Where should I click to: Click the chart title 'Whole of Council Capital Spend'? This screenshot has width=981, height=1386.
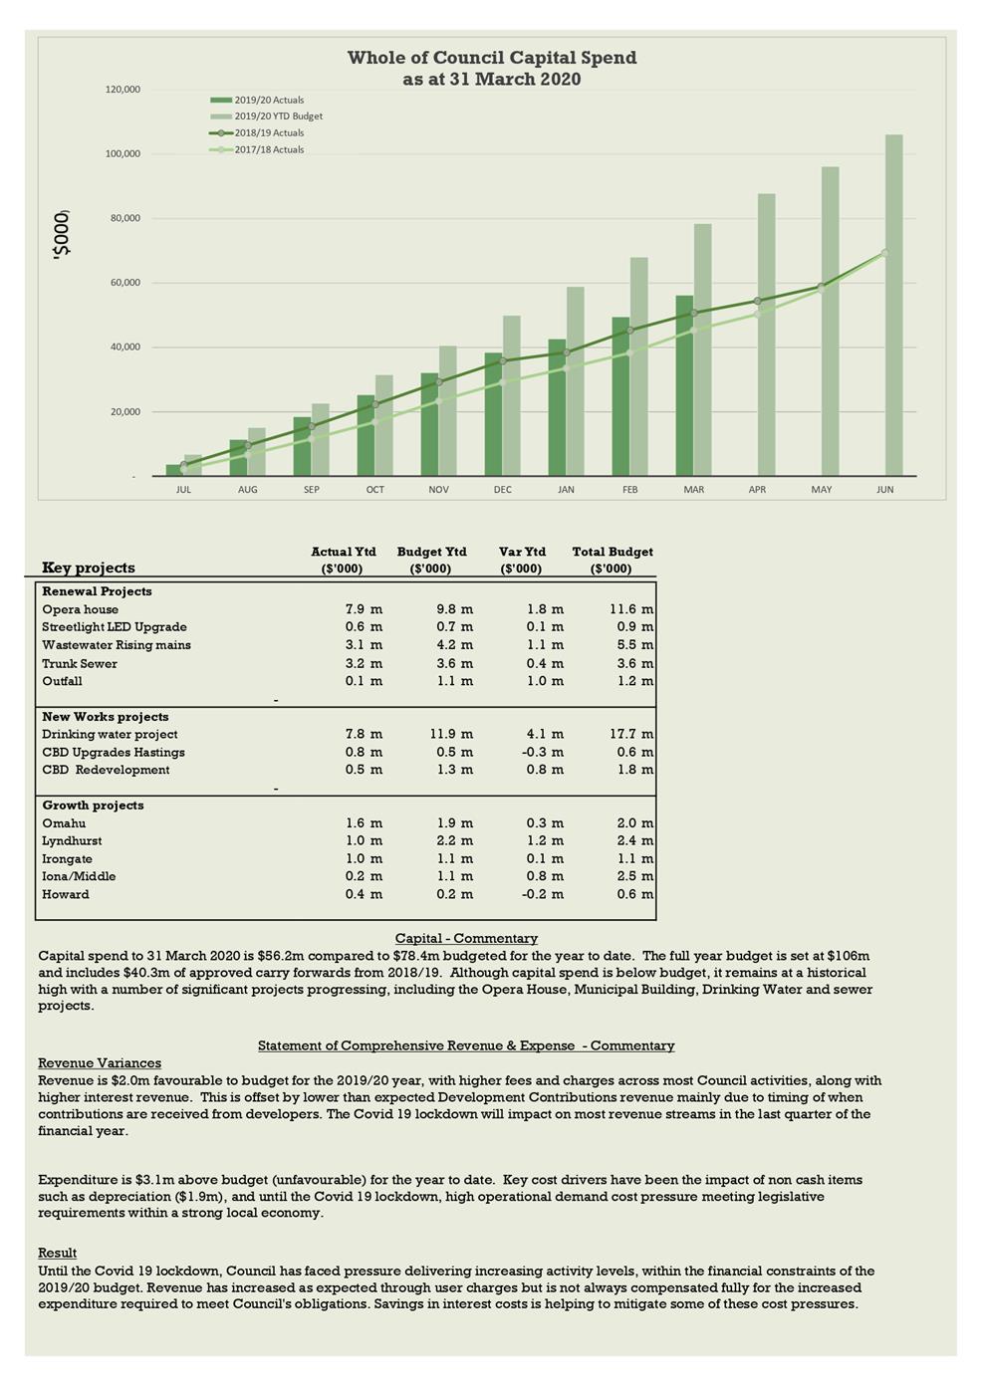click(492, 58)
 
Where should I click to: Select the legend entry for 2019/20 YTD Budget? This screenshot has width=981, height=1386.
click(278, 116)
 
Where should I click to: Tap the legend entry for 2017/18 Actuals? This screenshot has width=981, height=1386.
click(269, 149)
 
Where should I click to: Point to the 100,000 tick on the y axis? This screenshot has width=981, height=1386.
click(123, 154)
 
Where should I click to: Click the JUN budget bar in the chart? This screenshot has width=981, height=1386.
click(893, 305)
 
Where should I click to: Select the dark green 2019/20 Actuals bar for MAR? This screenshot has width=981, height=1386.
click(684, 385)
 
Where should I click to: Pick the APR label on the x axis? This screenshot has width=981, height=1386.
click(757, 490)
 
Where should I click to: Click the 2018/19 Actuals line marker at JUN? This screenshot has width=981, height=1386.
click(884, 253)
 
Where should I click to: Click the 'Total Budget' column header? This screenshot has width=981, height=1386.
click(613, 552)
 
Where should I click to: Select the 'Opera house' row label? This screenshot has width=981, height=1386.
click(80, 609)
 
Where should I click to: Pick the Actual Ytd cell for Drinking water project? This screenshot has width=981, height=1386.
click(364, 735)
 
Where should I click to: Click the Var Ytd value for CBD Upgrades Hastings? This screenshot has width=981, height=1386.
click(543, 753)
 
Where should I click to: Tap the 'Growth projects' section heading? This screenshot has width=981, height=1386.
click(93, 806)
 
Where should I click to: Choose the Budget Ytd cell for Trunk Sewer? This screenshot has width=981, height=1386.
click(454, 664)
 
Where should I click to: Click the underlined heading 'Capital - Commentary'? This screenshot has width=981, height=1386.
click(466, 938)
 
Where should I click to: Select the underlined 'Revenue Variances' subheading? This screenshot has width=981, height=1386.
click(100, 1062)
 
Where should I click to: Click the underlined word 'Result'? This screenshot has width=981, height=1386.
click(57, 1253)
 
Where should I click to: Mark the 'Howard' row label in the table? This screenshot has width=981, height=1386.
click(66, 895)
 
